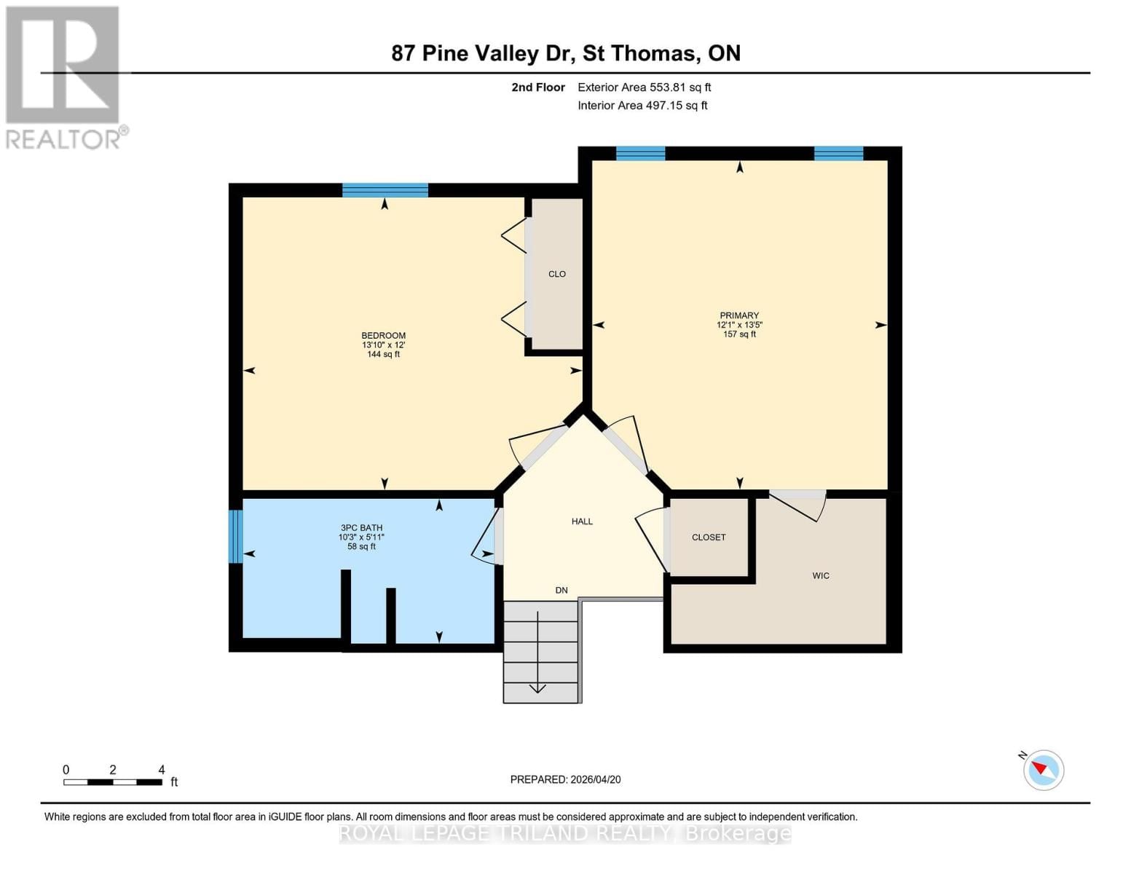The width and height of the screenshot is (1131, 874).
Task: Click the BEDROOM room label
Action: point(384,336)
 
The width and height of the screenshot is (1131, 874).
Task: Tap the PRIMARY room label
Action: point(739,315)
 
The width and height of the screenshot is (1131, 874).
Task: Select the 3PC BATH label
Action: point(361,528)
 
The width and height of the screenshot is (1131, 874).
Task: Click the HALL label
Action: point(582,521)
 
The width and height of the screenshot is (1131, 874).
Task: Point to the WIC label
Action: point(821,575)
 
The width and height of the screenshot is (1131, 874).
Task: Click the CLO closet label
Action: point(557,274)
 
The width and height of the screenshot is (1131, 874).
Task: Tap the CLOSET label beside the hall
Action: point(709,537)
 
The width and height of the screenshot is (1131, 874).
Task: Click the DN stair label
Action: point(561,590)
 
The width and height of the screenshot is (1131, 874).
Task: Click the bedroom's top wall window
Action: point(385,191)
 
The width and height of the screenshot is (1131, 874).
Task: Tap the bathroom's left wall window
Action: point(235,536)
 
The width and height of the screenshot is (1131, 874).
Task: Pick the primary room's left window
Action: point(640,153)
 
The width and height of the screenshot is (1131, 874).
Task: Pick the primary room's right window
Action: point(838,153)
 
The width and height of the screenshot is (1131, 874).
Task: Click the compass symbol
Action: point(1043,769)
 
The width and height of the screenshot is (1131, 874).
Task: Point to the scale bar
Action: point(113,782)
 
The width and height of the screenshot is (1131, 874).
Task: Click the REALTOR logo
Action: point(64,77)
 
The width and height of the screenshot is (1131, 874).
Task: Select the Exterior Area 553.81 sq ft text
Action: point(644,87)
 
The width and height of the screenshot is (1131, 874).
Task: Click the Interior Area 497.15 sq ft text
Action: point(642,106)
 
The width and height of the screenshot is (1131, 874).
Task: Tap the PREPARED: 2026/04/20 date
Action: point(565,779)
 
